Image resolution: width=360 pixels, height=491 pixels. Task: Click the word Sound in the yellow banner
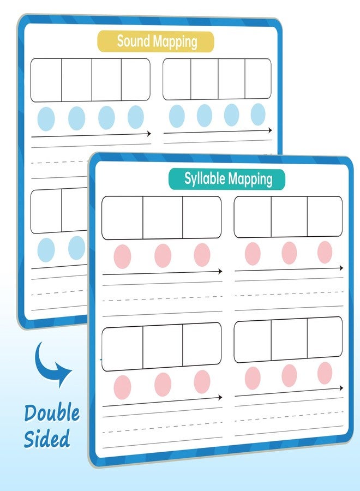(x=134, y=41)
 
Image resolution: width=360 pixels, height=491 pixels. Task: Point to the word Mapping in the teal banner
(x=250, y=179)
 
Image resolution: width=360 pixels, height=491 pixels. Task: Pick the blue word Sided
(x=47, y=439)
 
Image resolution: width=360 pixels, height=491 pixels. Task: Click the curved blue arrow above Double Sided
(x=52, y=364)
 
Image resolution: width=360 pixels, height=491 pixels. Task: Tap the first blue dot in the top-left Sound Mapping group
(x=46, y=119)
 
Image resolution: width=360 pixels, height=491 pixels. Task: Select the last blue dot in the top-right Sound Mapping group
(x=258, y=115)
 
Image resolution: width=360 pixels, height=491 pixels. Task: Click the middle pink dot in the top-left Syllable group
(x=163, y=255)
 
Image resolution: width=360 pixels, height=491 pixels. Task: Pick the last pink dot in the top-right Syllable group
(x=325, y=252)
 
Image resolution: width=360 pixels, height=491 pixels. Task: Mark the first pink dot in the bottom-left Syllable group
(x=122, y=387)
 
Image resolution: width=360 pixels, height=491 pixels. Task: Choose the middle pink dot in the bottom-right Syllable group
(x=289, y=375)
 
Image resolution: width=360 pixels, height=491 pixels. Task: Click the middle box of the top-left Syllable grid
(x=163, y=218)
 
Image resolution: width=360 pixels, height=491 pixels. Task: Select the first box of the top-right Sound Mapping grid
(x=177, y=79)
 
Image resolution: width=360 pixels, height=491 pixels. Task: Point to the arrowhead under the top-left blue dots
(x=149, y=134)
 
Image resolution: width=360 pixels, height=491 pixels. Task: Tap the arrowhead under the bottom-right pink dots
(x=341, y=388)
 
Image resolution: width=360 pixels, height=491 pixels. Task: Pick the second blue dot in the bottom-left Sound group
(x=77, y=248)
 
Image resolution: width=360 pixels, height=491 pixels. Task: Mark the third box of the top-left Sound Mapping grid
(x=106, y=80)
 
